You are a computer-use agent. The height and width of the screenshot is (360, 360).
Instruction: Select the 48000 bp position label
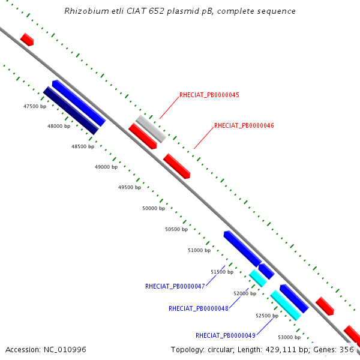(x=59, y=127)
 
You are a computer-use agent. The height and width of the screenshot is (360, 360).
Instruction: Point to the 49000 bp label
(x=106, y=167)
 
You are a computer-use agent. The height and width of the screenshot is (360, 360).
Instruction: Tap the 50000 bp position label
(x=153, y=208)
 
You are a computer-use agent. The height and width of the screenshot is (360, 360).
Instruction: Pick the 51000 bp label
(x=199, y=250)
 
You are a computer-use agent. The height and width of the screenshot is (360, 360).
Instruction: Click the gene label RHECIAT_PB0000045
(x=209, y=95)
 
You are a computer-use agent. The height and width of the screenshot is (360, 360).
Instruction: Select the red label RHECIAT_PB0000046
(x=244, y=126)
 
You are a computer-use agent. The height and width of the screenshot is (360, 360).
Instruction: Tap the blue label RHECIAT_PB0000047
(x=175, y=286)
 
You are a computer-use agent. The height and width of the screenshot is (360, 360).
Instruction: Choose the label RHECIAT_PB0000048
(x=199, y=309)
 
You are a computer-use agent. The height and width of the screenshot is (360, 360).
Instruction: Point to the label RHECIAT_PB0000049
(x=226, y=335)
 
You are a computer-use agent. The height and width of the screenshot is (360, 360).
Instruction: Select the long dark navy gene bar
(x=71, y=110)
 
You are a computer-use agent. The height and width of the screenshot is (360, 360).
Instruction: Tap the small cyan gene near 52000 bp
(x=257, y=278)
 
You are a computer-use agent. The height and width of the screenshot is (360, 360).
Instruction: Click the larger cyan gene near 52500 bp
(x=285, y=305)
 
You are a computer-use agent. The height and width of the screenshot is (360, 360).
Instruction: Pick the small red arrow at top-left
(x=27, y=40)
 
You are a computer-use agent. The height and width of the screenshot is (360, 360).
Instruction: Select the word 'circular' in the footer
(x=220, y=350)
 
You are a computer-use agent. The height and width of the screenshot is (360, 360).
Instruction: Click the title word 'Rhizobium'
(x=84, y=11)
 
